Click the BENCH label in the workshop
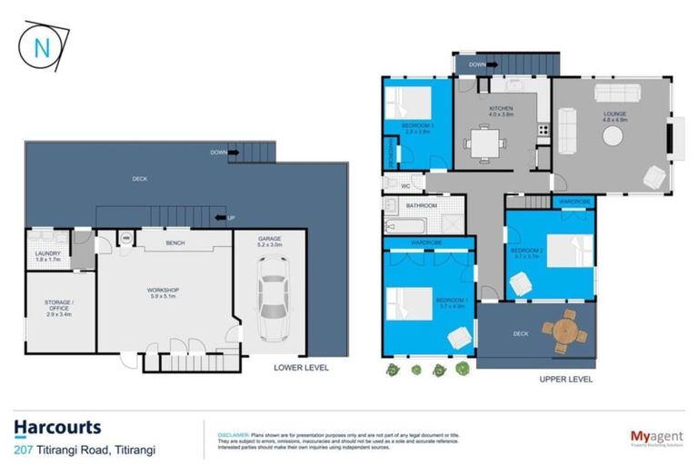point(176,243)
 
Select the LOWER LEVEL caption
point(301,368)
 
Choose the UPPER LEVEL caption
point(565,379)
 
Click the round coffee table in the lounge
point(613,135)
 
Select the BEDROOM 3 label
point(419,126)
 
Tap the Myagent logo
point(656,437)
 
